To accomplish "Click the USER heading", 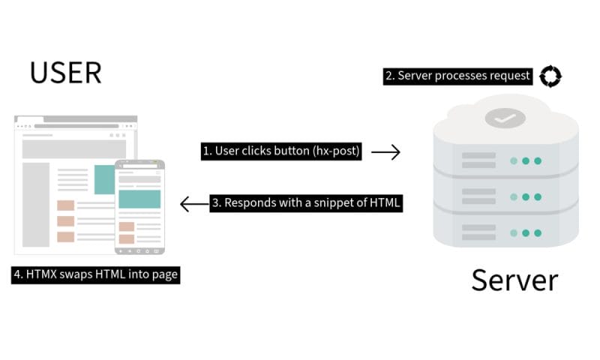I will point(65,73).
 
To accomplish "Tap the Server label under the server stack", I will point(514,280).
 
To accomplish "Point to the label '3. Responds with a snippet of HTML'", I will point(306,202).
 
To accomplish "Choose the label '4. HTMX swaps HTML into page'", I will point(96,274).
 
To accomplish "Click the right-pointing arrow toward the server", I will point(386,151).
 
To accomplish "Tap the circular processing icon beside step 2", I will point(551,75).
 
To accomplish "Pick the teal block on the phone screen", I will point(139,199).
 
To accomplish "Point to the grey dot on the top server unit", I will point(514,160).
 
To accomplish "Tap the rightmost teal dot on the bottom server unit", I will point(538,233).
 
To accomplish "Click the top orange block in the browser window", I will point(66,205).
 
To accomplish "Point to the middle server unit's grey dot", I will point(514,197).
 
